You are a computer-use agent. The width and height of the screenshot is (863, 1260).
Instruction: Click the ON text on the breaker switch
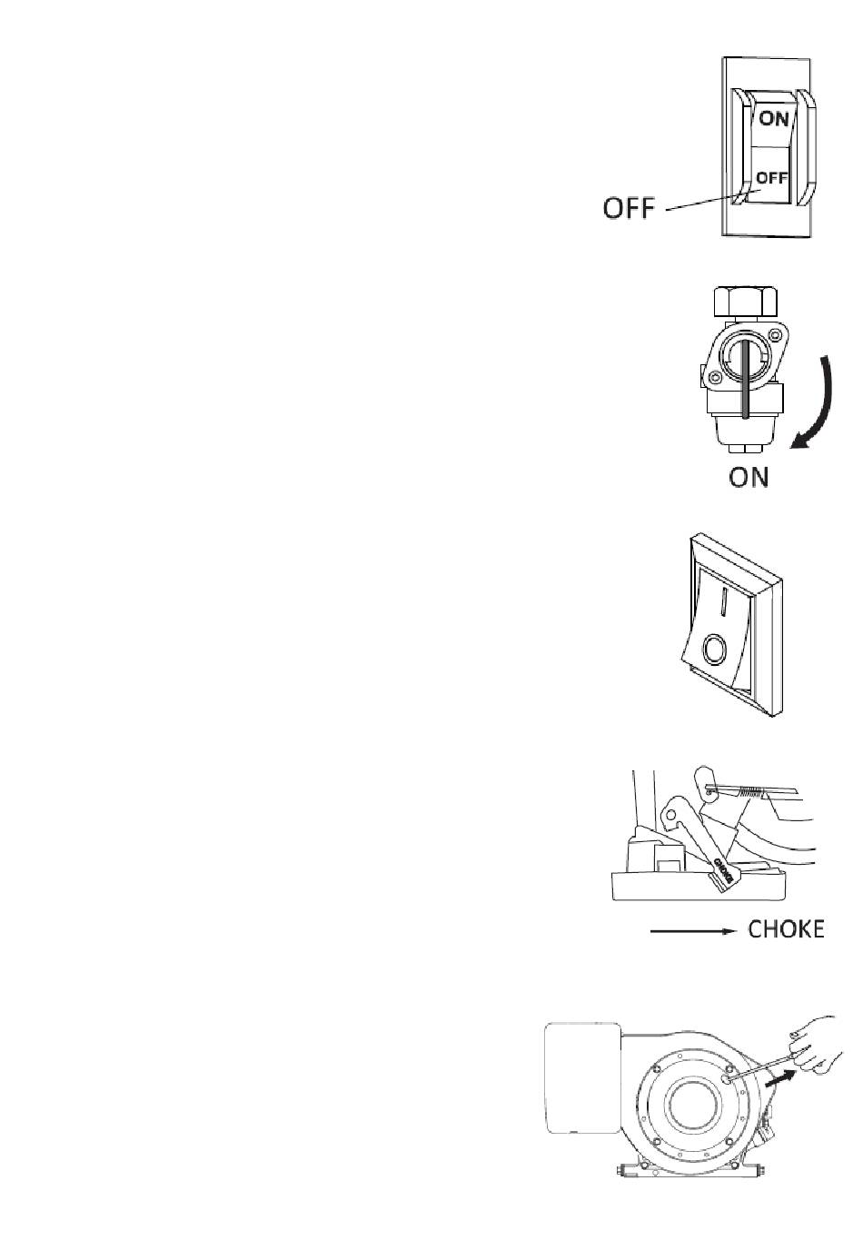coord(773,118)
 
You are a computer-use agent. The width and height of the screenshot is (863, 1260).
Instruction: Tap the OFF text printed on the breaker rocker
coord(772,178)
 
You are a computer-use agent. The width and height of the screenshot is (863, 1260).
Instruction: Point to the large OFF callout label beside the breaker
coord(629,208)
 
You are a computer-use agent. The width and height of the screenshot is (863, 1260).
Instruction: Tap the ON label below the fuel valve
coord(749,476)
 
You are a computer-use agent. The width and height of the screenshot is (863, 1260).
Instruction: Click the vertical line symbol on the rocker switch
coord(724,601)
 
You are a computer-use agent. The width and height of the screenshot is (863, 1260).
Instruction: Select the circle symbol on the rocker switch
coord(715,650)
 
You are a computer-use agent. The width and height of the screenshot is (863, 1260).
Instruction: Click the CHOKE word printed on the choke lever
coord(725,871)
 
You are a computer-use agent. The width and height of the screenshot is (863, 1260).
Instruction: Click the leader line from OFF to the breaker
coord(704,201)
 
